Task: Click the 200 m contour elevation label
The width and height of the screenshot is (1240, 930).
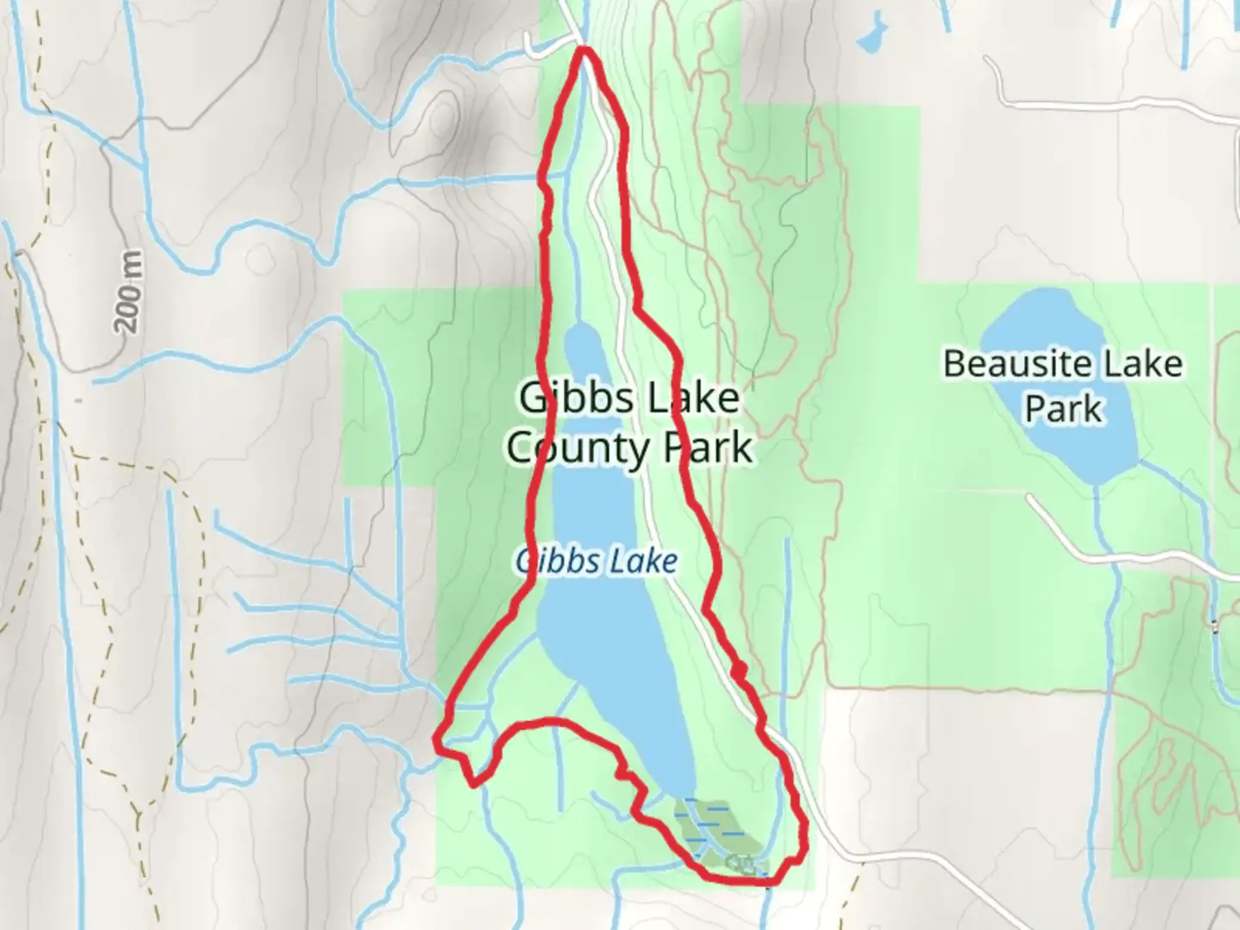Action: point(128,293)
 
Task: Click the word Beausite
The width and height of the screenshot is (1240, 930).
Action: point(1011,364)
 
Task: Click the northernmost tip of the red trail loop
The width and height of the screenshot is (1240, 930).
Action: point(586,50)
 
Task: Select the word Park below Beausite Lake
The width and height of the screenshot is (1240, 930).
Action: point(1063,408)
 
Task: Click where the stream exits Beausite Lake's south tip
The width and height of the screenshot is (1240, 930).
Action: point(1095,487)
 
